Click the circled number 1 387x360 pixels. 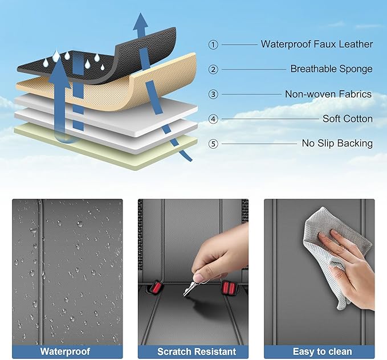click(213, 45)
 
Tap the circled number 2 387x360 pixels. click(213, 69)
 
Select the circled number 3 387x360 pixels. click(213, 94)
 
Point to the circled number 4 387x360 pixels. click(213, 119)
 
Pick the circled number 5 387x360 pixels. click(213, 144)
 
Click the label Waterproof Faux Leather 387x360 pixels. click(317, 44)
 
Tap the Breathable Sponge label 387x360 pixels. click(332, 69)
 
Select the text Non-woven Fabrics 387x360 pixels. click(328, 94)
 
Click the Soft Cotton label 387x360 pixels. click(348, 118)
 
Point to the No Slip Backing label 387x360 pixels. click(337, 144)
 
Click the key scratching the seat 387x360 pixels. click(190, 288)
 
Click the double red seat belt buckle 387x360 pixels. click(229, 288)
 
